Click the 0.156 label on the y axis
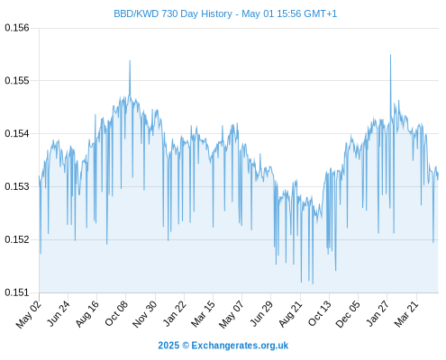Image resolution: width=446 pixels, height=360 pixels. (x=17, y=28)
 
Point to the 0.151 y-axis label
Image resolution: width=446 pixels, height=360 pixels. (x=17, y=292)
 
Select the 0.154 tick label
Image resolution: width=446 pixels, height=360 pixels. (x=17, y=133)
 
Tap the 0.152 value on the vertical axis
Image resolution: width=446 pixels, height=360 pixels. (x=17, y=239)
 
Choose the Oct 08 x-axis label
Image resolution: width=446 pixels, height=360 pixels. (x=116, y=313)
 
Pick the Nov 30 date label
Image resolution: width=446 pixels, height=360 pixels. (x=144, y=314)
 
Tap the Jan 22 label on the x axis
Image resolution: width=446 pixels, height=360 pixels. (x=174, y=313)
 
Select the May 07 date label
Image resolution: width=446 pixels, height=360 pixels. (x=232, y=314)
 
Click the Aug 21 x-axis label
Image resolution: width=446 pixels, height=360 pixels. (x=290, y=313)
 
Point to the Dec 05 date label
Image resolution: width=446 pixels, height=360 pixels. (x=348, y=314)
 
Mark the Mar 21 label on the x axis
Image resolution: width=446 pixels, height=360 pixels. (x=406, y=313)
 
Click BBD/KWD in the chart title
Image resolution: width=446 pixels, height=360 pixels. (x=136, y=13)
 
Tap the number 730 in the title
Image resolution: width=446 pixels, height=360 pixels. (x=169, y=13)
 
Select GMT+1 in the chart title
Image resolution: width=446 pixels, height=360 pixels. (x=321, y=13)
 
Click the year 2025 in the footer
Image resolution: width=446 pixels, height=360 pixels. (x=168, y=346)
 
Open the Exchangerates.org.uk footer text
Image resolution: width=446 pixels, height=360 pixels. (x=240, y=346)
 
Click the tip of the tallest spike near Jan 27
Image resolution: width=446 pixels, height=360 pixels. (x=390, y=55)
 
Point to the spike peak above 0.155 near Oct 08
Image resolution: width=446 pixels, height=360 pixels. (x=130, y=60)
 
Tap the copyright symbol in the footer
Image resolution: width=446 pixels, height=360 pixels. (x=186, y=346)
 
